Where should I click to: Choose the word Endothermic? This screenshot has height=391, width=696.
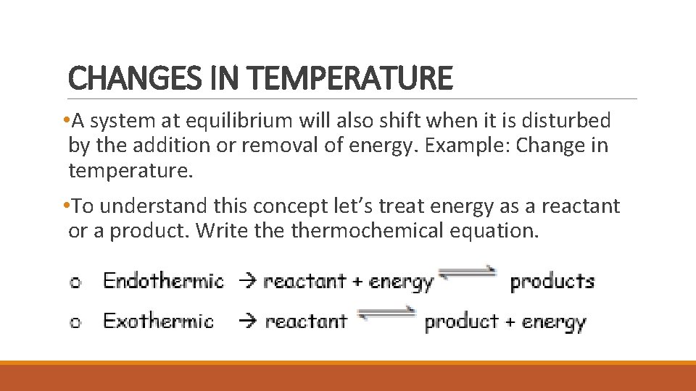(x=164, y=281)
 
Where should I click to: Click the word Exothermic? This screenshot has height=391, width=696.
(x=159, y=321)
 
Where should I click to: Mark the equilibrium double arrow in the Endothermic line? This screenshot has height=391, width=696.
(x=467, y=276)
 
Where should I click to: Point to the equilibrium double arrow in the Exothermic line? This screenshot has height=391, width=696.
(x=386, y=316)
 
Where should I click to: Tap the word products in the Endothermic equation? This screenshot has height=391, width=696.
(x=552, y=282)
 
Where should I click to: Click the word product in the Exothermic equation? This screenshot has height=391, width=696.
(x=461, y=321)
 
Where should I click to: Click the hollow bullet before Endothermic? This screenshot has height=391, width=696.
(x=75, y=283)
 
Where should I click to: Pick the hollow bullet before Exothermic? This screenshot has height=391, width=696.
(x=75, y=323)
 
